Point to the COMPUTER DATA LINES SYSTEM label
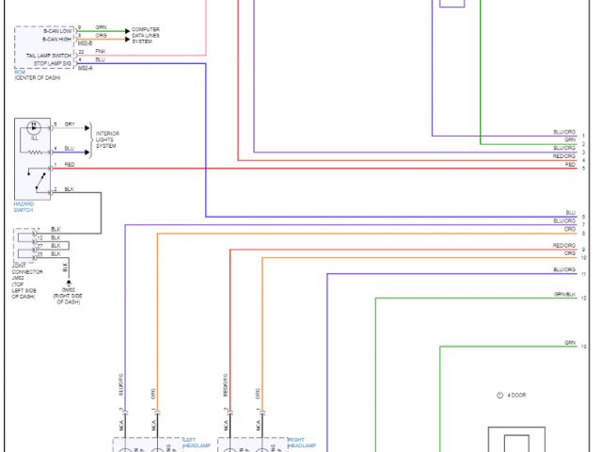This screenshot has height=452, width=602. pyautogui.click(x=145, y=36)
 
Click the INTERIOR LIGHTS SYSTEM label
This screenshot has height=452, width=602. pyautogui.click(x=107, y=138)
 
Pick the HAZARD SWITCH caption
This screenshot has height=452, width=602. pyautogui.click(x=24, y=206)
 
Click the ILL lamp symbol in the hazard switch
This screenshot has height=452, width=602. pyautogui.click(x=35, y=127)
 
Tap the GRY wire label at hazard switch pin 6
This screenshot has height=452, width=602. pyautogui.click(x=70, y=123)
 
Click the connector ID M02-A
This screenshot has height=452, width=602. pyautogui.click(x=85, y=68)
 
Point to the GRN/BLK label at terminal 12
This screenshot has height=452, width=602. pyautogui.click(x=564, y=295)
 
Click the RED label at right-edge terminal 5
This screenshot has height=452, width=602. pyautogui.click(x=569, y=165)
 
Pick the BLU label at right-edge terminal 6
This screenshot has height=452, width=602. pyautogui.click(x=569, y=213)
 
